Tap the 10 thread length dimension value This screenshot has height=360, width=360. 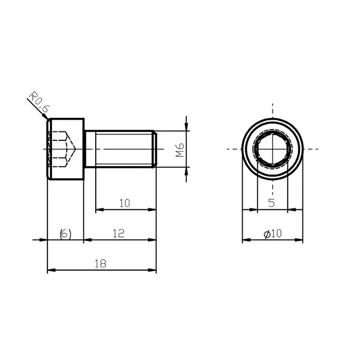pos(124,203)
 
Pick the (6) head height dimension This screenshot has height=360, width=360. pos(65,233)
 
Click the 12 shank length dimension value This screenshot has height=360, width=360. pos(118,233)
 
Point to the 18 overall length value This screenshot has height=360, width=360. pos(100,263)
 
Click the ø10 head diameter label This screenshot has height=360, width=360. pos(273,233)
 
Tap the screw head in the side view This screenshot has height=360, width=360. pos(65,149)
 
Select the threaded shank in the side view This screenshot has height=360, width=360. pos(121,149)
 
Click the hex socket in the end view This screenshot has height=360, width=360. pos(272,149)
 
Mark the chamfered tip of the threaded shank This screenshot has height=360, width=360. pos(154,149)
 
